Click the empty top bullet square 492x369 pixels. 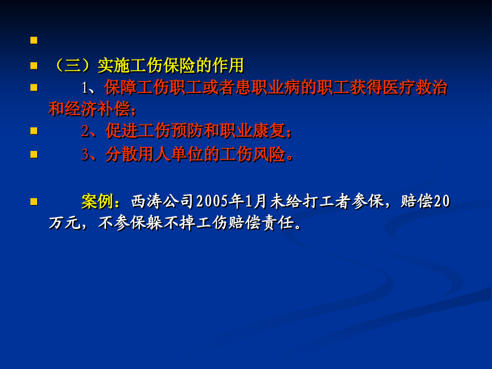tap(34, 40)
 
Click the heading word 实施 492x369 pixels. tap(113, 66)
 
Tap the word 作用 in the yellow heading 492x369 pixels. tap(228, 66)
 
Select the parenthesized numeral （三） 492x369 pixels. tap(73, 66)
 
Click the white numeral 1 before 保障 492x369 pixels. tap(84, 88)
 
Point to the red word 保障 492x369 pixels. tap(121, 87)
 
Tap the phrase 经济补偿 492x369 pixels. tap(97, 109)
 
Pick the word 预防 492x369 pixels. tap(187, 131)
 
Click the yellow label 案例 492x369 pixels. tap(97, 201)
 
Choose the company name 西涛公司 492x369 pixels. tap(162, 201)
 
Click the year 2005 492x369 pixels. tap(212, 201)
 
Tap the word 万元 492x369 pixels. tap(65, 223)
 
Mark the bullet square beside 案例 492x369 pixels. tap(34, 201)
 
